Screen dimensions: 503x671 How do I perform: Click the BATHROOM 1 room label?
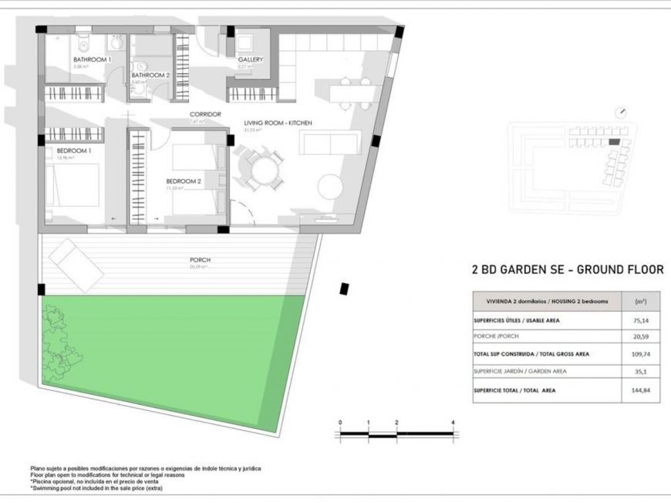click(93, 59)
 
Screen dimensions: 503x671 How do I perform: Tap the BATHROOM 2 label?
click(150, 75)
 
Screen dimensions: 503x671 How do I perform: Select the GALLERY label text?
click(251, 59)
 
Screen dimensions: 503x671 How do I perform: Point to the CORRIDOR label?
click(205, 114)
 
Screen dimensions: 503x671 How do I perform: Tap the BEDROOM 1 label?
click(74, 150)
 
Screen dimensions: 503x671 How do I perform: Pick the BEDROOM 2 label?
click(184, 182)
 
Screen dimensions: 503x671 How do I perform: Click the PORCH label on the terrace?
click(200, 260)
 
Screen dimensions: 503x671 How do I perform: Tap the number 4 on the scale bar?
click(453, 423)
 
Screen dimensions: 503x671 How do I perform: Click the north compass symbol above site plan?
click(622, 112)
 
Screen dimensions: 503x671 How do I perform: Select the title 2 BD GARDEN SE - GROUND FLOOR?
click(567, 270)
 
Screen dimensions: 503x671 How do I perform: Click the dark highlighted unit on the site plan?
click(614, 142)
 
